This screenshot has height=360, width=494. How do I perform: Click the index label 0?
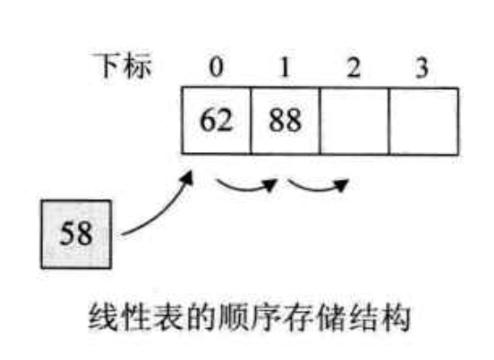pyautogui.click(x=217, y=67)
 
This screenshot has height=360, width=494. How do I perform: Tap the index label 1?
pyautogui.click(x=285, y=67)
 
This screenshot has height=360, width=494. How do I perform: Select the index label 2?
pyautogui.click(x=353, y=67)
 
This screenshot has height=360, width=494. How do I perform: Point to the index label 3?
pyautogui.click(x=422, y=67)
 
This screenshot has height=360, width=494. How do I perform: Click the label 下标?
pyautogui.click(x=122, y=65)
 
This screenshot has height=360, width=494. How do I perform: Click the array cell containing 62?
pyautogui.click(x=217, y=121)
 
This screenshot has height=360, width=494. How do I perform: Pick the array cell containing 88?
pyautogui.click(x=285, y=121)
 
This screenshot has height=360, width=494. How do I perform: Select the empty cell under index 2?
pyautogui.click(x=354, y=121)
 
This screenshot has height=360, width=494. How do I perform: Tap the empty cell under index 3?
pyautogui.click(x=423, y=121)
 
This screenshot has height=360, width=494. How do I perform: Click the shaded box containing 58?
pyautogui.click(x=76, y=234)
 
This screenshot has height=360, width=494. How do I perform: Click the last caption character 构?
pyautogui.click(x=395, y=317)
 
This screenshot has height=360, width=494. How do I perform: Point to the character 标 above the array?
pyautogui.click(x=137, y=65)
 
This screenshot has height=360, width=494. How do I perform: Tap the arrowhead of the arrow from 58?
pyautogui.click(x=188, y=177)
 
